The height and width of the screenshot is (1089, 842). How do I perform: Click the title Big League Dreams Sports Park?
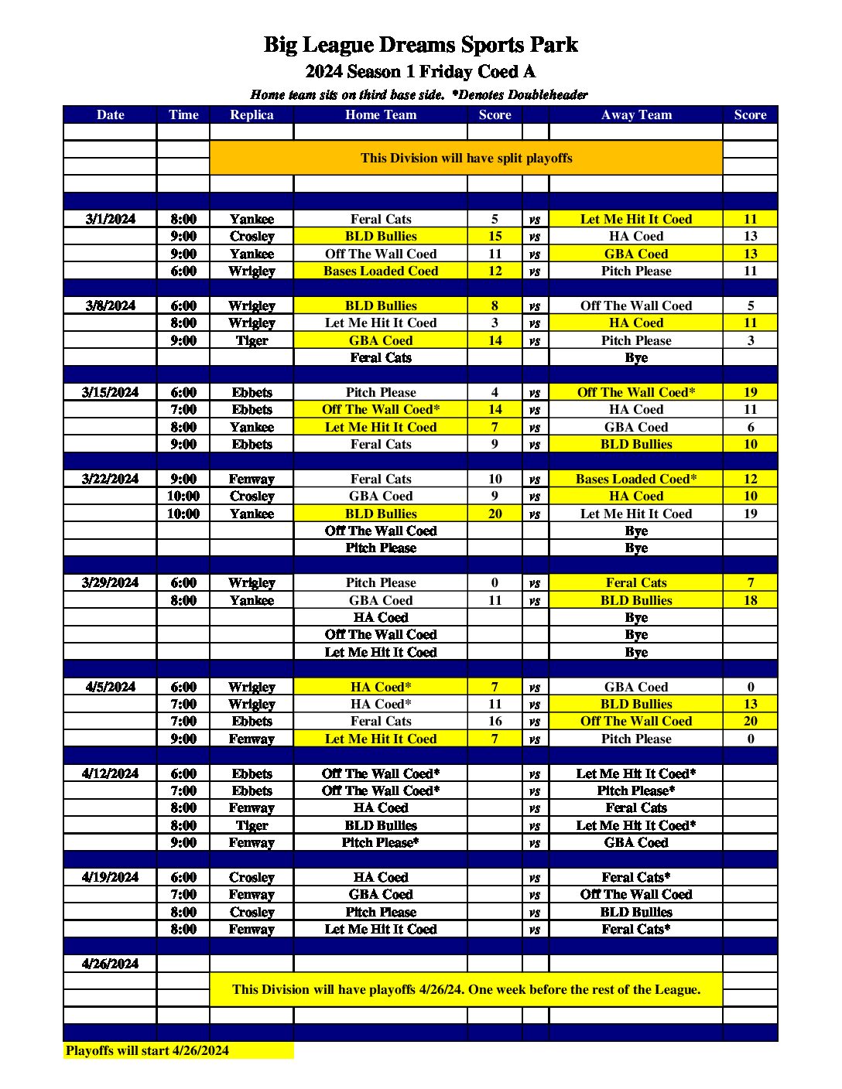[420, 45]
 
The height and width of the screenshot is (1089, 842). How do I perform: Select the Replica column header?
[252, 114]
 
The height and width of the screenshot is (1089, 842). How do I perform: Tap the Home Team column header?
[380, 114]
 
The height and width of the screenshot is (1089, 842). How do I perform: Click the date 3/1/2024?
[110, 219]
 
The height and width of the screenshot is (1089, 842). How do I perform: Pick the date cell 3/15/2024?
[110, 392]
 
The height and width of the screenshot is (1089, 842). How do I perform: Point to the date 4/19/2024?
[110, 877]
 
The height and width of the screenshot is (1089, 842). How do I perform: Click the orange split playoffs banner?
[466, 158]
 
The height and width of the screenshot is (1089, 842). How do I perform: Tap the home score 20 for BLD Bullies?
[495, 514]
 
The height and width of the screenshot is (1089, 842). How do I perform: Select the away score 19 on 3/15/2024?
[750, 392]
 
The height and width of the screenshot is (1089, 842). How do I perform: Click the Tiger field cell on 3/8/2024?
[252, 340]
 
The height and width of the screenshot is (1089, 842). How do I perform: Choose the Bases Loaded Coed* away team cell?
[635, 479]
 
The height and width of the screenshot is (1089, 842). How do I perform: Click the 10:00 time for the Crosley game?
[183, 496]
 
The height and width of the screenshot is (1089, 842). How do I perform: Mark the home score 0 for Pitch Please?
[495, 582]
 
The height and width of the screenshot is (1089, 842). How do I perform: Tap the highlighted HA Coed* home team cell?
[380, 687]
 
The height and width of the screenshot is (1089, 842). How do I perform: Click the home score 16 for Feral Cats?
[495, 721]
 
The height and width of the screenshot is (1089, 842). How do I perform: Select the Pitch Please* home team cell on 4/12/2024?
[380, 842]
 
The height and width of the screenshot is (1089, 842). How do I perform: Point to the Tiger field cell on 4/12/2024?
[252, 825]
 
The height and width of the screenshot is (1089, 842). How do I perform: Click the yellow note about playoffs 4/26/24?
[466, 989]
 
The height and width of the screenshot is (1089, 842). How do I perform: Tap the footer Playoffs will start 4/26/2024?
[147, 1050]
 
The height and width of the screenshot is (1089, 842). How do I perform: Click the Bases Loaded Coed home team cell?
[380, 271]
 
